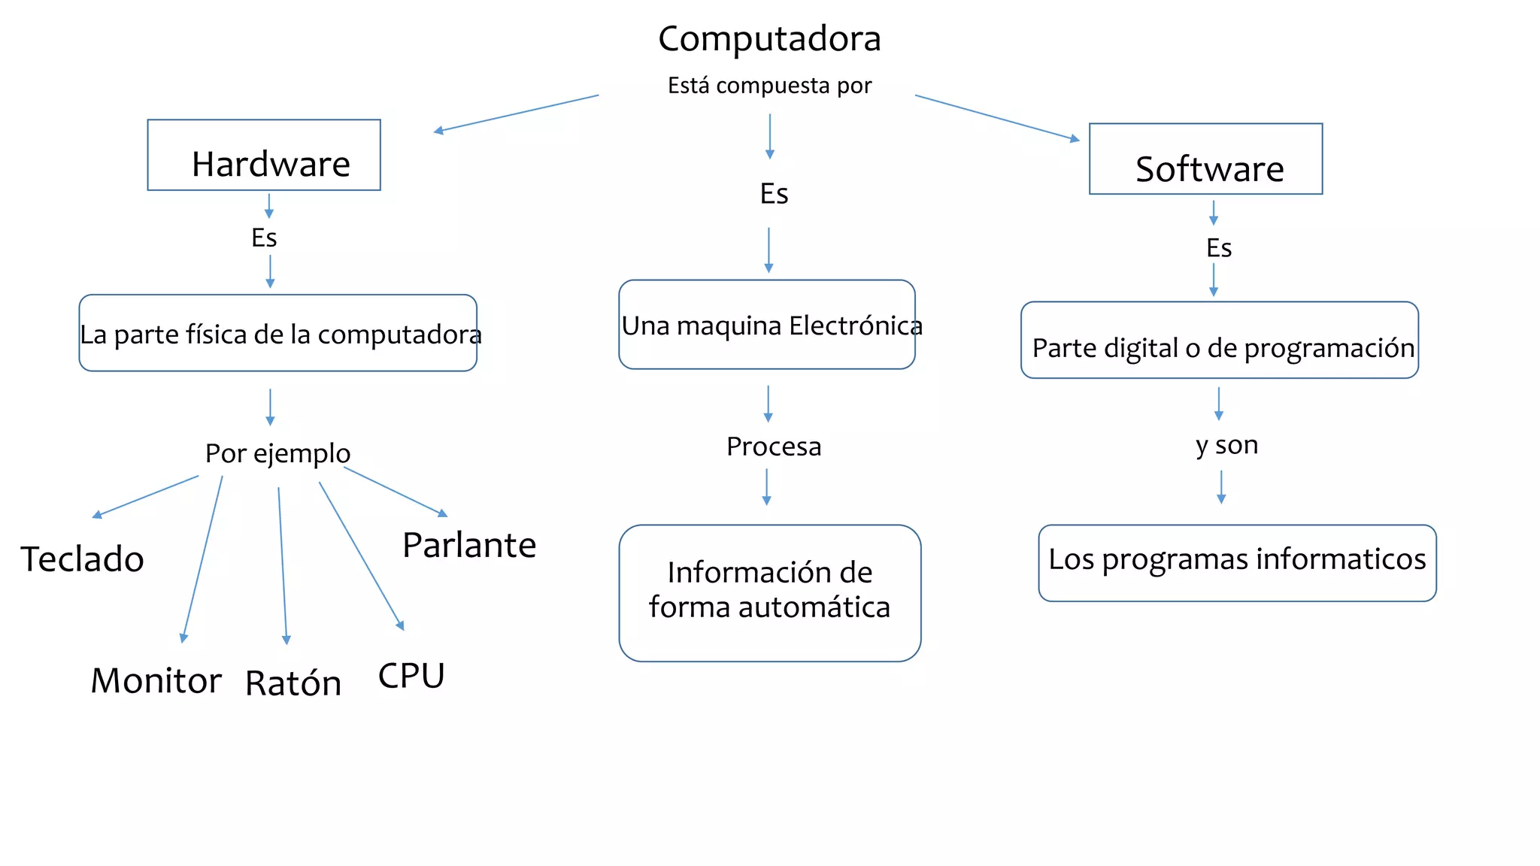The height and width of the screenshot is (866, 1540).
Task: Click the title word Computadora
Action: click(769, 39)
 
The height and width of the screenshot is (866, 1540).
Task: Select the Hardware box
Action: click(264, 155)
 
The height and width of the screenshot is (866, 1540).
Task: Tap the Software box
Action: click(1205, 159)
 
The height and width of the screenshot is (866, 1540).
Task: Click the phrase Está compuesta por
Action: click(769, 86)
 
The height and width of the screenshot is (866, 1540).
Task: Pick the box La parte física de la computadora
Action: click(278, 333)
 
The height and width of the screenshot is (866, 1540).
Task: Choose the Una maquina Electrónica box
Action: click(767, 325)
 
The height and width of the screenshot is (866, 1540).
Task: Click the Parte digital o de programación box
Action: click(1220, 341)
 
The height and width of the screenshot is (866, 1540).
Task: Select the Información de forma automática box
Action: click(769, 592)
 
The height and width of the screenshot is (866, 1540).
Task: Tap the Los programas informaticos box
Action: click(1237, 562)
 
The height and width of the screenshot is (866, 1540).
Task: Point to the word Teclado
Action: click(82, 559)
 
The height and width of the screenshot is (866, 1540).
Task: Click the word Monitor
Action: click(156, 681)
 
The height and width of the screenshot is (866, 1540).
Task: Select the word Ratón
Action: click(293, 683)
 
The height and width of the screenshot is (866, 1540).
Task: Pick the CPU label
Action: click(411, 676)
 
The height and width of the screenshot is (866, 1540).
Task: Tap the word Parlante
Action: click(469, 545)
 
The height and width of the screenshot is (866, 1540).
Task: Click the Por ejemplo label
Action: click(277, 453)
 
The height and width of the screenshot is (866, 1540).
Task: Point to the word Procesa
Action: click(774, 447)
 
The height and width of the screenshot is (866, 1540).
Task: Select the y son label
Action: click(1226, 445)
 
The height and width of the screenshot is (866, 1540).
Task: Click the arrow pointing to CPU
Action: click(361, 555)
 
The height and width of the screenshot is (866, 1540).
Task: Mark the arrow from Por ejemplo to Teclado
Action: click(146, 496)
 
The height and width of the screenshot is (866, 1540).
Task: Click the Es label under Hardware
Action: click(264, 238)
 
